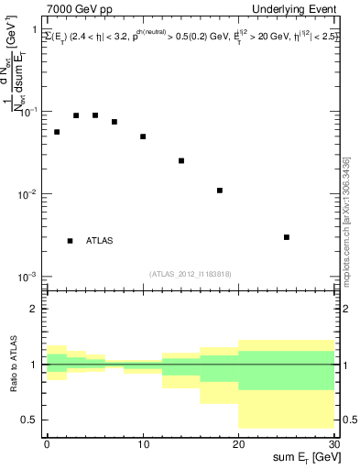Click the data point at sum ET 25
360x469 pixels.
287,237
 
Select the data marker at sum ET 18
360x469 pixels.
220,191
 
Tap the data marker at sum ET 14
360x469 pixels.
181,160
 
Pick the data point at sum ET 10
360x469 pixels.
143,136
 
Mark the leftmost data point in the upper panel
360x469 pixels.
57,132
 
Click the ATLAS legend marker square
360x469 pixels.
70,241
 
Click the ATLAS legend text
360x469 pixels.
100,241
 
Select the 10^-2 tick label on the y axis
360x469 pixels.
27,194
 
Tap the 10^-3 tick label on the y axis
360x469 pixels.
27,277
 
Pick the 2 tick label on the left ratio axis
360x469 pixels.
33,310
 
